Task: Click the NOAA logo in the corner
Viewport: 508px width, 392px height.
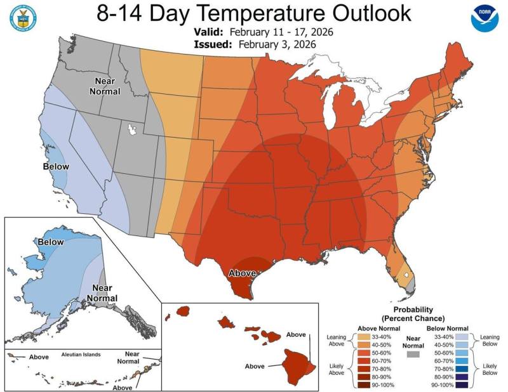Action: pos(485,19)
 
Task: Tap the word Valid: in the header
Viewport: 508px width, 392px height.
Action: pos(209,32)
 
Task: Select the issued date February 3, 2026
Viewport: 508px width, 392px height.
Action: pos(277,44)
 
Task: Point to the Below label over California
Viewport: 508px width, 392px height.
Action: pos(56,166)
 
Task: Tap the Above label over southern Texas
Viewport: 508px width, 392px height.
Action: pos(242,273)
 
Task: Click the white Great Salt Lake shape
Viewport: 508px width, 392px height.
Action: pos(133,129)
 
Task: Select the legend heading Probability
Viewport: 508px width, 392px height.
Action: pos(413,309)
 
